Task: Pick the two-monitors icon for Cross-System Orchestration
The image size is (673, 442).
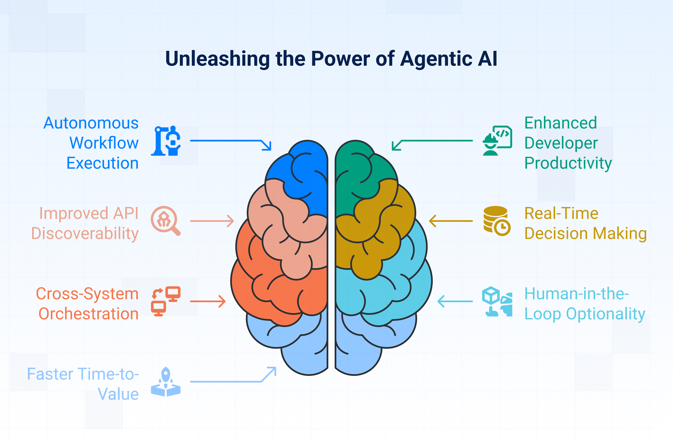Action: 166,301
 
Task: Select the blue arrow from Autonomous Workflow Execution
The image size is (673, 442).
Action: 226,141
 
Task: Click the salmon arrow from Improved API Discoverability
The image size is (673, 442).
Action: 212,221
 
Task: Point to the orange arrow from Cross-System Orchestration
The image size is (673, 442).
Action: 208,301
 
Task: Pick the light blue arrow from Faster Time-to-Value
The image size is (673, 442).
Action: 226,382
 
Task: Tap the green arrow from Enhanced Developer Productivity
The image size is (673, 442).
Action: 435,141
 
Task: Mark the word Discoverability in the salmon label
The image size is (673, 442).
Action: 85,234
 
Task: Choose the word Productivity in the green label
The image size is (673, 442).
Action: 568,163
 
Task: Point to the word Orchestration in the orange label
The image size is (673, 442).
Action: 89,314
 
